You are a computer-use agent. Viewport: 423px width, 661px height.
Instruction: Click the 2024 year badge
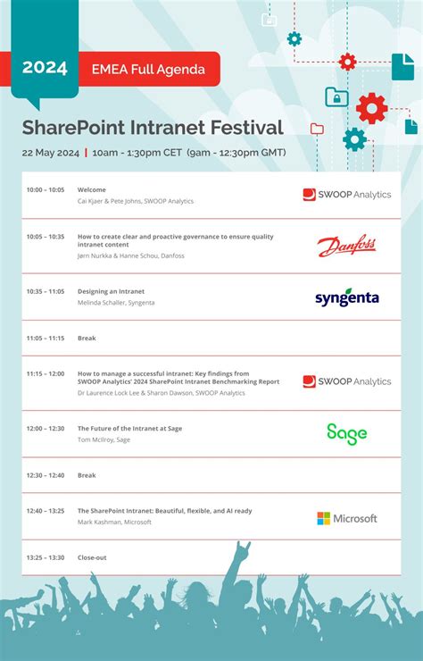[45, 69]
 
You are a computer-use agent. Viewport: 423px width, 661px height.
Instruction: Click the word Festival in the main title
[240, 128]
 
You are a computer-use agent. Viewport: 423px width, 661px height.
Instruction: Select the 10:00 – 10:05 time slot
[46, 189]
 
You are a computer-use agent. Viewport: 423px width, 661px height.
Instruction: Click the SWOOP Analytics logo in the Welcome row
[346, 195]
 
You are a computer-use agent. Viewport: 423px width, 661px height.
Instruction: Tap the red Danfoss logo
[346, 246]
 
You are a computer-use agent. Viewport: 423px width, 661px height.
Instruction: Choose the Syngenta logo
[346, 297]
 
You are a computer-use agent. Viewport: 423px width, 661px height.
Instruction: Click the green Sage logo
[346, 433]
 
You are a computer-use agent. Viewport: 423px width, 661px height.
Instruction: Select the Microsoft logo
[346, 518]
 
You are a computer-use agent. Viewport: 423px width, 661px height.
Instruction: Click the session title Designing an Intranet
[111, 291]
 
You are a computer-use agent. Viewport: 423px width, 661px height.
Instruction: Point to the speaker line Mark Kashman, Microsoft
[114, 522]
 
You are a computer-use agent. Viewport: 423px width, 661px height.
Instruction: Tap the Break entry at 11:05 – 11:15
[87, 339]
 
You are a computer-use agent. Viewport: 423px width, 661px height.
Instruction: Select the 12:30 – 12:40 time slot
[46, 475]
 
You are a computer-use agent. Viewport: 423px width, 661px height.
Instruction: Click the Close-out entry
[92, 557]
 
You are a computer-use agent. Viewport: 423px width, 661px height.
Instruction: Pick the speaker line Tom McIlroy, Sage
[104, 439]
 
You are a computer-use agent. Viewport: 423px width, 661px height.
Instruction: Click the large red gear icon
[371, 108]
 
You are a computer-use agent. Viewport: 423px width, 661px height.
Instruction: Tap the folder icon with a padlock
[336, 96]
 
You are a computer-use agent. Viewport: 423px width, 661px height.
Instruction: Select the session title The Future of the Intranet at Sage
[129, 428]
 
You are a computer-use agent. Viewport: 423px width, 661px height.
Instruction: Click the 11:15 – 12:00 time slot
[46, 374]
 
